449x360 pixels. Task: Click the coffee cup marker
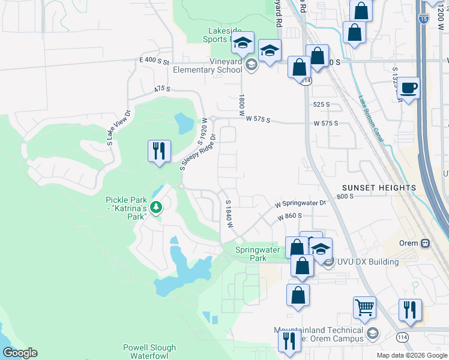tap(408, 88)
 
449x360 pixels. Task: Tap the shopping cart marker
tap(364, 308)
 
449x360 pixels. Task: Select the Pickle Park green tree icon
tap(156, 208)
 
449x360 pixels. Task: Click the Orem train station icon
tap(425, 244)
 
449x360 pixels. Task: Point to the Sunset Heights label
tap(379, 188)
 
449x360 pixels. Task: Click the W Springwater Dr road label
tap(300, 203)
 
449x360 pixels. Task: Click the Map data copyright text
tap(412, 355)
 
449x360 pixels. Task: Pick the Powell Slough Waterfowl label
tap(149, 352)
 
